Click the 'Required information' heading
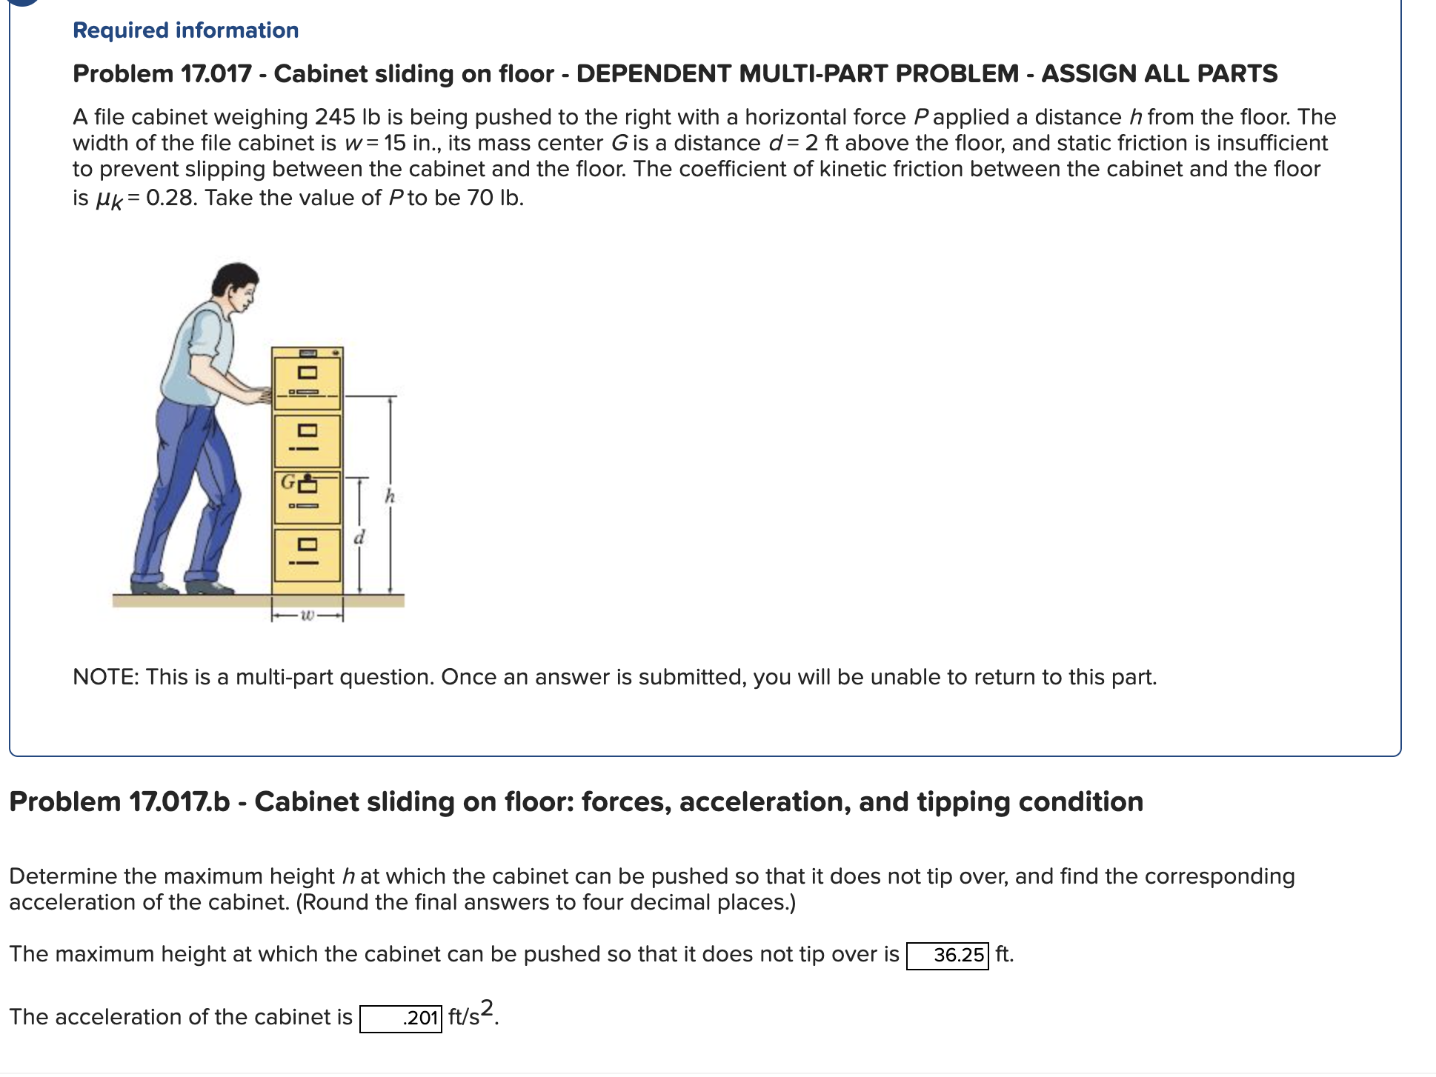tap(185, 30)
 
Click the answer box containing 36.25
tap(948, 955)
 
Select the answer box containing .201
tap(401, 1018)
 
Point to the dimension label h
tap(390, 496)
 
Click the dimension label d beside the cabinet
tap(359, 537)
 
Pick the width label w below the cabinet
tap(308, 615)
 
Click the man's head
tap(236, 285)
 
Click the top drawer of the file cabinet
tap(308, 381)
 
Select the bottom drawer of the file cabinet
tap(308, 554)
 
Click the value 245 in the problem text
tap(335, 117)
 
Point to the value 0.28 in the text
tap(171, 198)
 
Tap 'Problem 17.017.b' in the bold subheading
tap(119, 802)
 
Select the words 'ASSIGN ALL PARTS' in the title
tap(1159, 73)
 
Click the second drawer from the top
tap(308, 441)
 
